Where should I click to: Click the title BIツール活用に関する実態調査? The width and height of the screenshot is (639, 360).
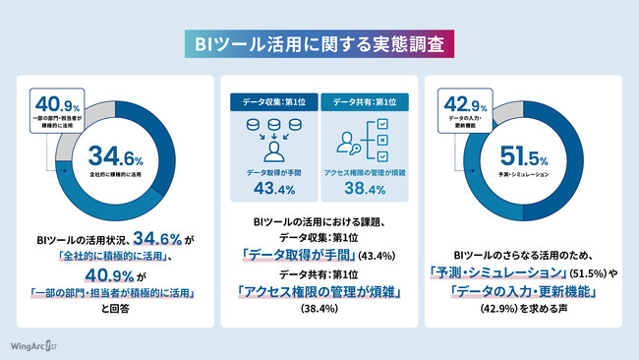319,44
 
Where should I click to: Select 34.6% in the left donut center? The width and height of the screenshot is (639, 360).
115,155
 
